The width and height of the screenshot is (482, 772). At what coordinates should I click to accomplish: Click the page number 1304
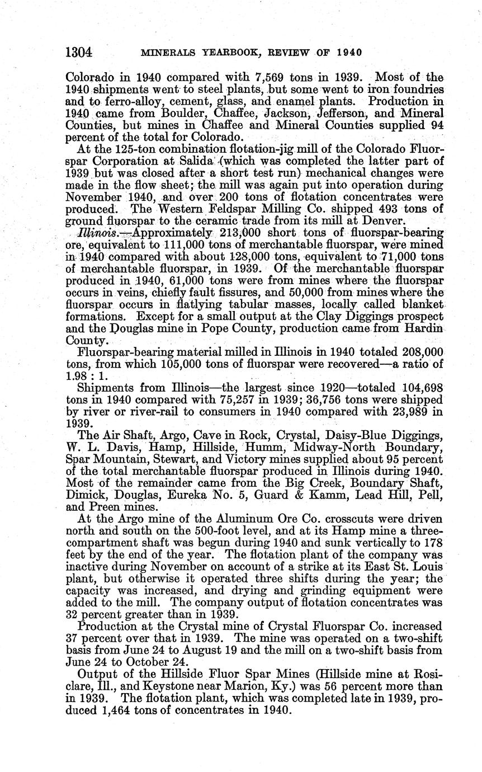click(78, 53)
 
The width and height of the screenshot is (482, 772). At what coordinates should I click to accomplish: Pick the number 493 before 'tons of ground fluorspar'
click(387, 210)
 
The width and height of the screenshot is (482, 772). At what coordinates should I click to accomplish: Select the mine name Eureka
click(217, 495)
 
